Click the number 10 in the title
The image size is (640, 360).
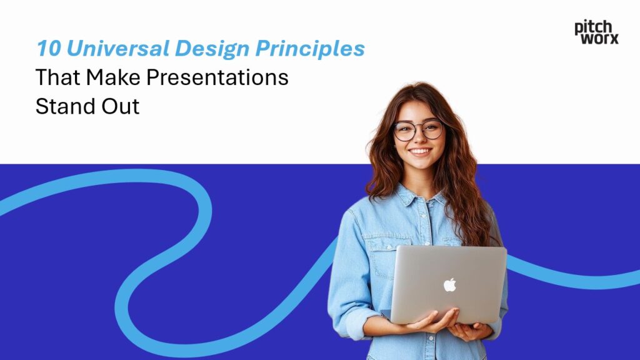(x=46, y=49)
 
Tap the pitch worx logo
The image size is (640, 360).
(x=596, y=32)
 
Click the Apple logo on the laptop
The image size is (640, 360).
(x=449, y=285)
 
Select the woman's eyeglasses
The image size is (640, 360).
(x=418, y=131)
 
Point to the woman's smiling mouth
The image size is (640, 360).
(x=419, y=152)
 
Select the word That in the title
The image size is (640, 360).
(x=57, y=77)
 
